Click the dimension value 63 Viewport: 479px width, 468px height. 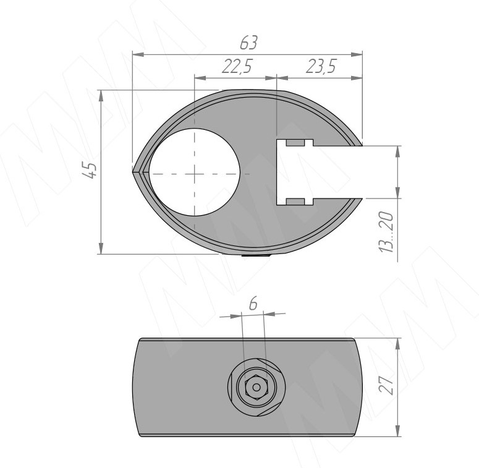coord(248,43)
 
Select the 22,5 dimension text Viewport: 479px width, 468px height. coord(237,66)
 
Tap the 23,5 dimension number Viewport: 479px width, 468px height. coord(321,66)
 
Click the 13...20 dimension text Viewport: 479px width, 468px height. coord(386,232)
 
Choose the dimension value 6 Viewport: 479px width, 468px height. coord(253,304)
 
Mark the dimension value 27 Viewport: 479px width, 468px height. coord(386,385)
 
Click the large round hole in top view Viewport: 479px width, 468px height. coord(194,172)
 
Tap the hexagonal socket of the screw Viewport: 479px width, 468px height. coord(256,388)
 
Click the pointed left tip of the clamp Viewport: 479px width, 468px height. coord(133,171)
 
